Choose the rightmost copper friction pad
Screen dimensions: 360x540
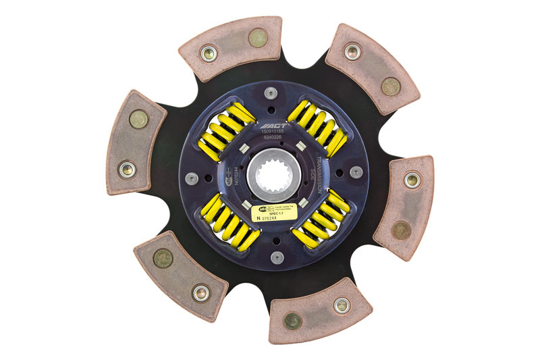coord(404,207)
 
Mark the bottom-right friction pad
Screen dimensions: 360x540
coord(320,311)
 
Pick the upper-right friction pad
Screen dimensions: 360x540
coord(372,68)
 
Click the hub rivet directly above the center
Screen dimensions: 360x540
coord(271,93)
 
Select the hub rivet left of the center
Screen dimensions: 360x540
coord(192,178)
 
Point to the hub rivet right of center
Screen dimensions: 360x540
coord(356,172)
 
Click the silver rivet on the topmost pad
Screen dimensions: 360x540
coord(210,52)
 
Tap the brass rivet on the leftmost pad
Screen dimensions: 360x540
coord(138,120)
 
